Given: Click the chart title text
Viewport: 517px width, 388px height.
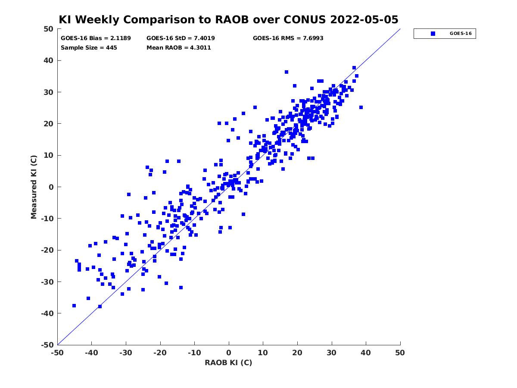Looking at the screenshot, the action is point(228,19).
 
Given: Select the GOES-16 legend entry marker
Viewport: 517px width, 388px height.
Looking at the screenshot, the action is point(433,34).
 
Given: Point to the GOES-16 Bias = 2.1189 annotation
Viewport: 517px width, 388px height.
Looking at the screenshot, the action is point(96,38).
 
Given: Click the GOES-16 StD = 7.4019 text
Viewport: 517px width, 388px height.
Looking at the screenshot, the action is point(181,38).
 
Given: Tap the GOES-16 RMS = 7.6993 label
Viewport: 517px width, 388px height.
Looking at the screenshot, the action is point(288,38).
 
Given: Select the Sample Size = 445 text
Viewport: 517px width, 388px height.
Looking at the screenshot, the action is point(89,47).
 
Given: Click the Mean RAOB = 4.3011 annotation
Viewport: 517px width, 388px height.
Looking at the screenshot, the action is point(178,47).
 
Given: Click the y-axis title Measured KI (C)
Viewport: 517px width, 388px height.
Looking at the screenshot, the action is point(34,187).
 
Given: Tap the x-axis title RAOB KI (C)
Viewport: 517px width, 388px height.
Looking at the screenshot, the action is point(228,363).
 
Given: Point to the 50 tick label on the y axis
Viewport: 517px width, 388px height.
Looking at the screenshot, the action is point(49,29).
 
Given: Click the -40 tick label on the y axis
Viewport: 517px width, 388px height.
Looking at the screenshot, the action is point(47,313).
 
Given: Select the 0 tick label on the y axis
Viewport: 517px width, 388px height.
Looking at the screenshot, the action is point(51,187).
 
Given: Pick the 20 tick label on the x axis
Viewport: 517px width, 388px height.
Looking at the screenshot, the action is point(297,353).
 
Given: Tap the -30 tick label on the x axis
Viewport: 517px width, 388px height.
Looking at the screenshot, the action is point(126,353).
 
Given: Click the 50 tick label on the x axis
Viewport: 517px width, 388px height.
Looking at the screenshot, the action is point(400,353).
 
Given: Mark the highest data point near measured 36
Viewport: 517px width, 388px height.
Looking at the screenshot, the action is point(286,72).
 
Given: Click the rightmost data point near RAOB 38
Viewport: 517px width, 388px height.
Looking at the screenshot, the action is point(361,107).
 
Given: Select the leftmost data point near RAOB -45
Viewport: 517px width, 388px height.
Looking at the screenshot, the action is point(74,306).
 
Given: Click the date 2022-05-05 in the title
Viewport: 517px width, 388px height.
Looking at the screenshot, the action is point(364,19).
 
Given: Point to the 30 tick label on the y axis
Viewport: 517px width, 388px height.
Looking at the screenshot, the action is point(49,92).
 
